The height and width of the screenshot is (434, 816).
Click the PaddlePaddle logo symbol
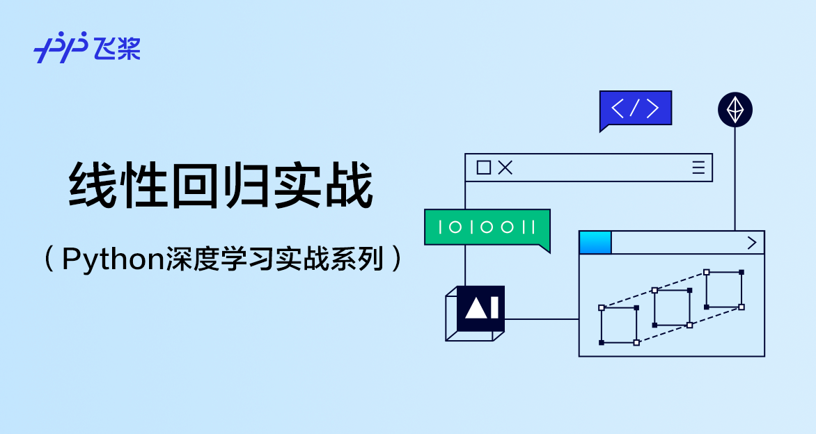coord(61,47)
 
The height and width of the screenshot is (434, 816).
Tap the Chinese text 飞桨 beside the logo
coord(118,48)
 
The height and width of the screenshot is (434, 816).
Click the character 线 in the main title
coord(93,185)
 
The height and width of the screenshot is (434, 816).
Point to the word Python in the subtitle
coord(113,259)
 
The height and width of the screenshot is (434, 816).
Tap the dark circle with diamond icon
coord(735,110)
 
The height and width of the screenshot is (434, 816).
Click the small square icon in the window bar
coord(484,168)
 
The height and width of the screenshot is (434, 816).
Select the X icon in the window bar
coord(505,168)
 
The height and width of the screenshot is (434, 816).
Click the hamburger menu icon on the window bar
coord(698,168)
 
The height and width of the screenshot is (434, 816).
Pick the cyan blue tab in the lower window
coord(595,243)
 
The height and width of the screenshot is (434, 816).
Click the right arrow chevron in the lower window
coord(751,243)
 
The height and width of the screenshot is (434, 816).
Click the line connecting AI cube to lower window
coord(542,319)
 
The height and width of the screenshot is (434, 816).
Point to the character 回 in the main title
coord(195,185)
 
